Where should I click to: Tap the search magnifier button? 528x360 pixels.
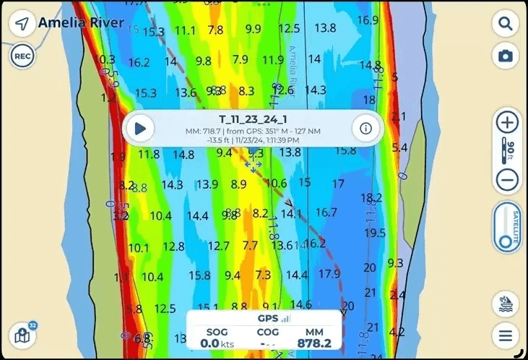pyautogui.click(x=505, y=23)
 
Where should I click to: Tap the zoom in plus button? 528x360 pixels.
pyautogui.click(x=508, y=122)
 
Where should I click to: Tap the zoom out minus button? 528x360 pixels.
pyautogui.click(x=508, y=180)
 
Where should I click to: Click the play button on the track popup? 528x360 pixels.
pyautogui.click(x=140, y=129)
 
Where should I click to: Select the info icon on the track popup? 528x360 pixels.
pyautogui.click(x=365, y=129)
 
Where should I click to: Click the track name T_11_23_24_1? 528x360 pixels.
pyautogui.click(x=253, y=119)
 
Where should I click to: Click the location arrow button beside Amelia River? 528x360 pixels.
pyautogui.click(x=22, y=24)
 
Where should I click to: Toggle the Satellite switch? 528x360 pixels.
pyautogui.click(x=508, y=228)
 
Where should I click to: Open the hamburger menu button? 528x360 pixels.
pyautogui.click(x=506, y=335)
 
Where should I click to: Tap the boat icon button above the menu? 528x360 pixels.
pyautogui.click(x=506, y=304)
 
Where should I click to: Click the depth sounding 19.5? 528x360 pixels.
pyautogui.click(x=375, y=233)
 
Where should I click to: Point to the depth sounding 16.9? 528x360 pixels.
pyautogui.click(x=368, y=20)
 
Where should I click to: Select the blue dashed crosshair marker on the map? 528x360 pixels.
pyautogui.click(x=252, y=166)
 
